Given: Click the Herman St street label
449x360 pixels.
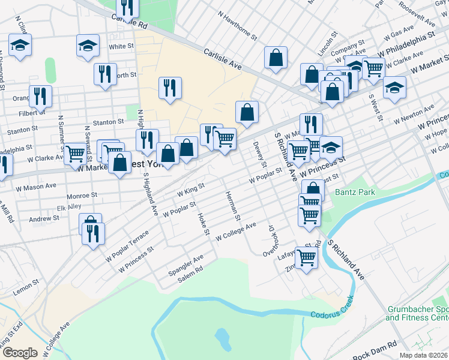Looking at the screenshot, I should (233, 206).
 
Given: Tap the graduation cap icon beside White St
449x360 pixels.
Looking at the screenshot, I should (88, 45).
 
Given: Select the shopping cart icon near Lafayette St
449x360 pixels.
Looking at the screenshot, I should (307, 258).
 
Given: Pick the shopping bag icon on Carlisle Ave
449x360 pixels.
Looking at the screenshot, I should (276, 58).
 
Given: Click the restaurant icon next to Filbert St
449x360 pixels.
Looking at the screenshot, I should (40, 95).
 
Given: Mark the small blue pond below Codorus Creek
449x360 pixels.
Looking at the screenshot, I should (222, 340).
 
